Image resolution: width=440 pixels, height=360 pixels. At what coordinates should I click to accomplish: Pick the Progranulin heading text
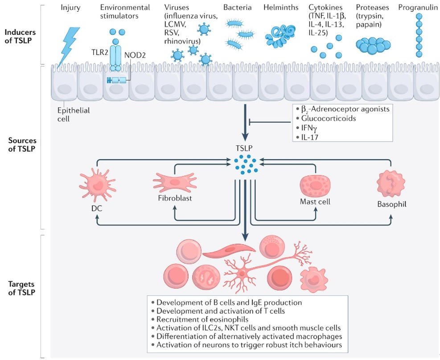coord(419,8)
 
